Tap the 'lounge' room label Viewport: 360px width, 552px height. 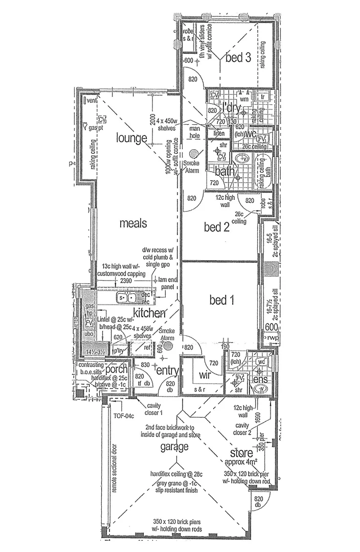pos(131,137)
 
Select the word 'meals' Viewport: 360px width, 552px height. pos(133,223)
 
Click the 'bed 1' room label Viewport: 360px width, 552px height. pos(222,301)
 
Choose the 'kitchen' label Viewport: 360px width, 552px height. pos(149,312)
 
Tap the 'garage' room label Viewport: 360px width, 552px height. pos(173,447)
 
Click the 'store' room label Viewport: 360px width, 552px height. pos(241,452)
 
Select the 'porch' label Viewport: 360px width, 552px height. pos(117,370)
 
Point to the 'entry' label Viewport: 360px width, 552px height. pos(167,370)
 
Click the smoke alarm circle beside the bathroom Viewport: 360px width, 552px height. pos(193,153)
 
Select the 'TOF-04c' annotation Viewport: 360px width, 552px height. pos(123,415)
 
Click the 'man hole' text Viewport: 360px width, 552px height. pos(194,131)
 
